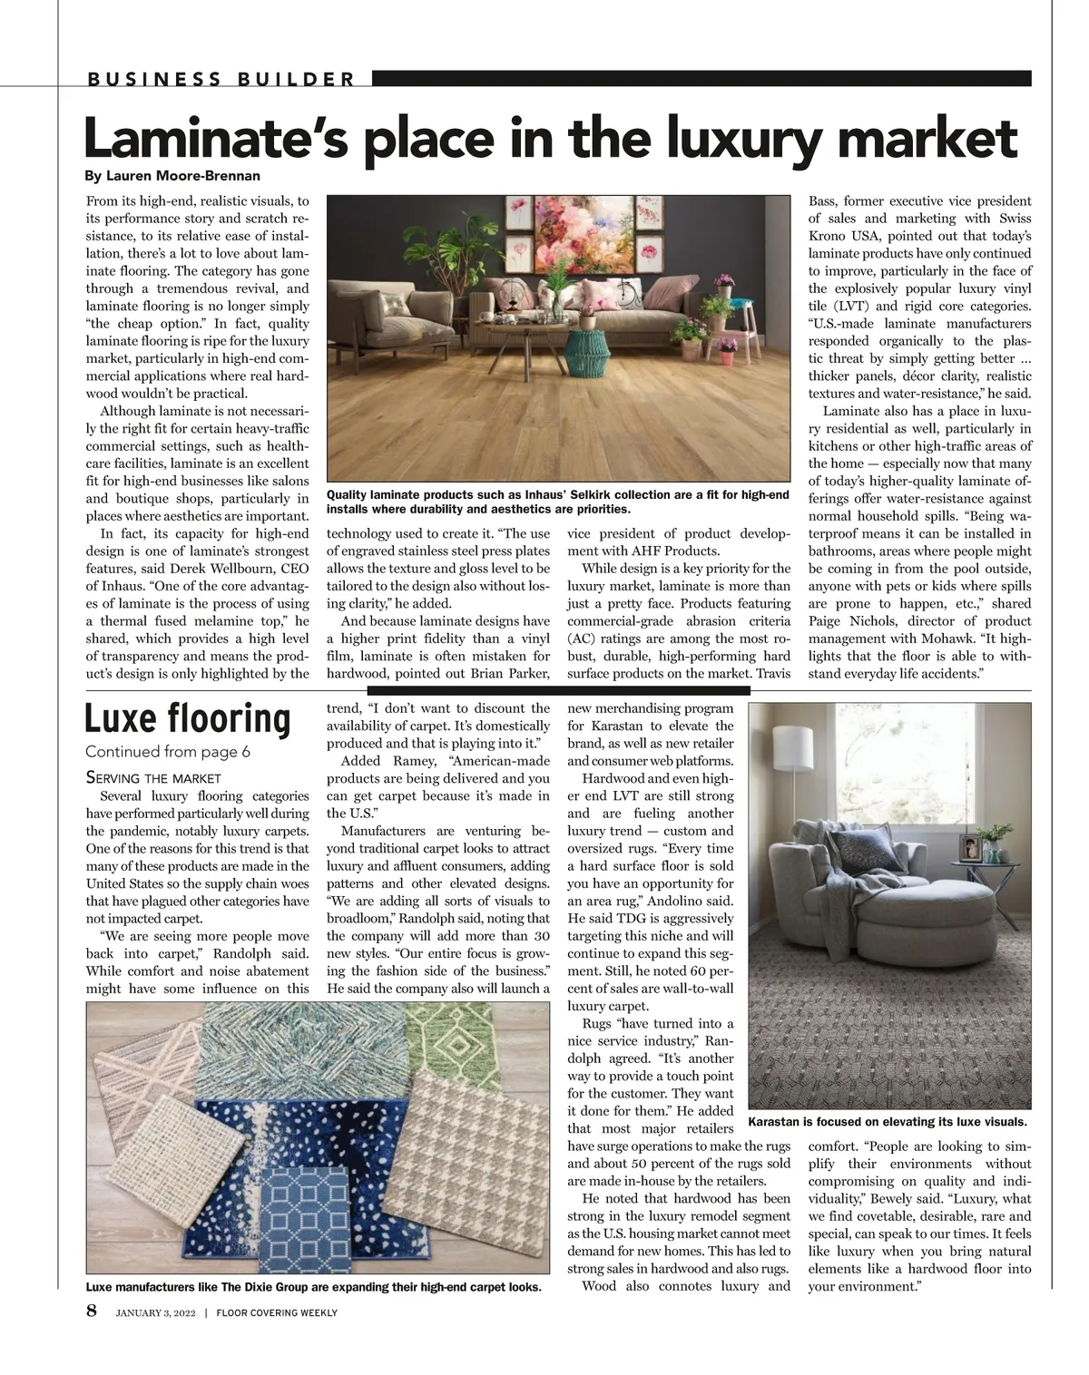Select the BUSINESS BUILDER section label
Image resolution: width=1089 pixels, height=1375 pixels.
221,79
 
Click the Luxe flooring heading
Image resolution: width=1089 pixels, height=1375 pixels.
188,718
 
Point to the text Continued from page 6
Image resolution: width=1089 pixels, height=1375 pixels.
168,752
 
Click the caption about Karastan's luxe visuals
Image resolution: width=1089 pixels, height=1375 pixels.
888,1121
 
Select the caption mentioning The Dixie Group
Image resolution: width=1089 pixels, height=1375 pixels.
313,1287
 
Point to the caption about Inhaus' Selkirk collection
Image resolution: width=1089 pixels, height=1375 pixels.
557,502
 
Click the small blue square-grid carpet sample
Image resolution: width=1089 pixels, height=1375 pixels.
305,1221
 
